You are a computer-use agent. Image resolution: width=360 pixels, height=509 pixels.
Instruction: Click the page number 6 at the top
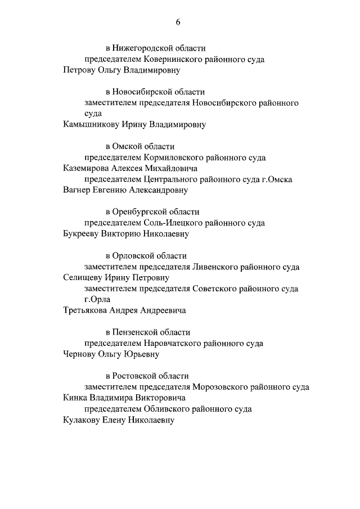[x=178, y=22]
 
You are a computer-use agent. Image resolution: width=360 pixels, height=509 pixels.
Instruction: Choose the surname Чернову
[x=80, y=354]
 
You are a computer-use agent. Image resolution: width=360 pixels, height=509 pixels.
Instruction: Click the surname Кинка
[x=75, y=398]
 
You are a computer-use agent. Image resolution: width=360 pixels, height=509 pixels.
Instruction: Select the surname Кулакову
[x=83, y=420]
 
